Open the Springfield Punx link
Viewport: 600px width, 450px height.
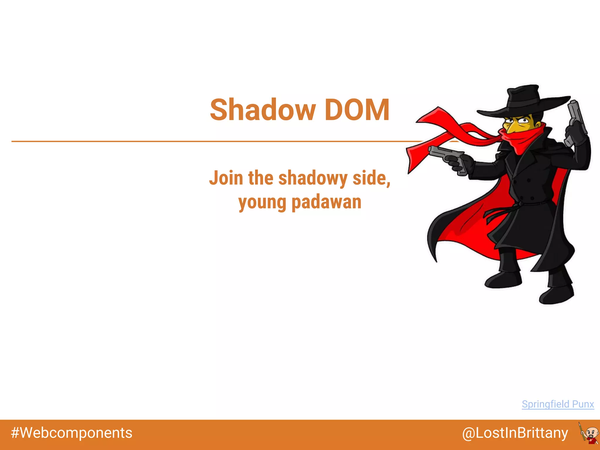558,404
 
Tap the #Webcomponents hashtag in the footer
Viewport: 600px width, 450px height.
71,433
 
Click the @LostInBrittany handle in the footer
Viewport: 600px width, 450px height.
515,433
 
